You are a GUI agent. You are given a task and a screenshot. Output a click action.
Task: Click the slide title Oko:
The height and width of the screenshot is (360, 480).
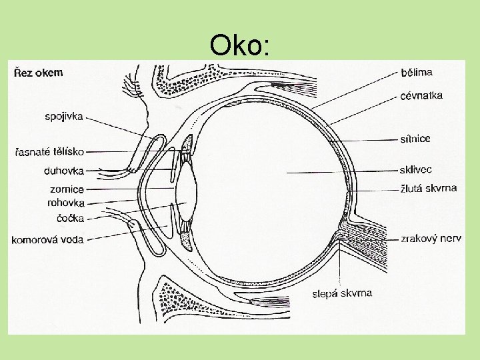coord(239,45)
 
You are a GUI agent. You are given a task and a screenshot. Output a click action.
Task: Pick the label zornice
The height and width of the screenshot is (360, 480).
coord(67,189)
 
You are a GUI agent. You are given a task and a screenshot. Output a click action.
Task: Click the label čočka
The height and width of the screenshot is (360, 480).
coord(71,216)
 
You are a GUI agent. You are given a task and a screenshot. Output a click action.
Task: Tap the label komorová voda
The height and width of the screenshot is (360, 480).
coord(47,239)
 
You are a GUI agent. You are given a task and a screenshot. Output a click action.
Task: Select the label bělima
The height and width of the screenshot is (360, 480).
coord(417,71)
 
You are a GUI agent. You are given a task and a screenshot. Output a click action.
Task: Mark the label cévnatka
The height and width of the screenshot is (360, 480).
coord(421,96)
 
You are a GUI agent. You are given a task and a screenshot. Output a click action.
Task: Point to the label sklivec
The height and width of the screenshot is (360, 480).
coord(417,170)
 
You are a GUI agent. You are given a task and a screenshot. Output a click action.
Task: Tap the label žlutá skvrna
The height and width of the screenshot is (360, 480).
coord(428,189)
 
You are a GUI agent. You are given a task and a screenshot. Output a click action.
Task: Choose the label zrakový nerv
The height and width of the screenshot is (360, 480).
coord(431,239)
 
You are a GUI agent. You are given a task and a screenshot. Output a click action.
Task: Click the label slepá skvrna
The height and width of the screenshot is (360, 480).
coord(343,293)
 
